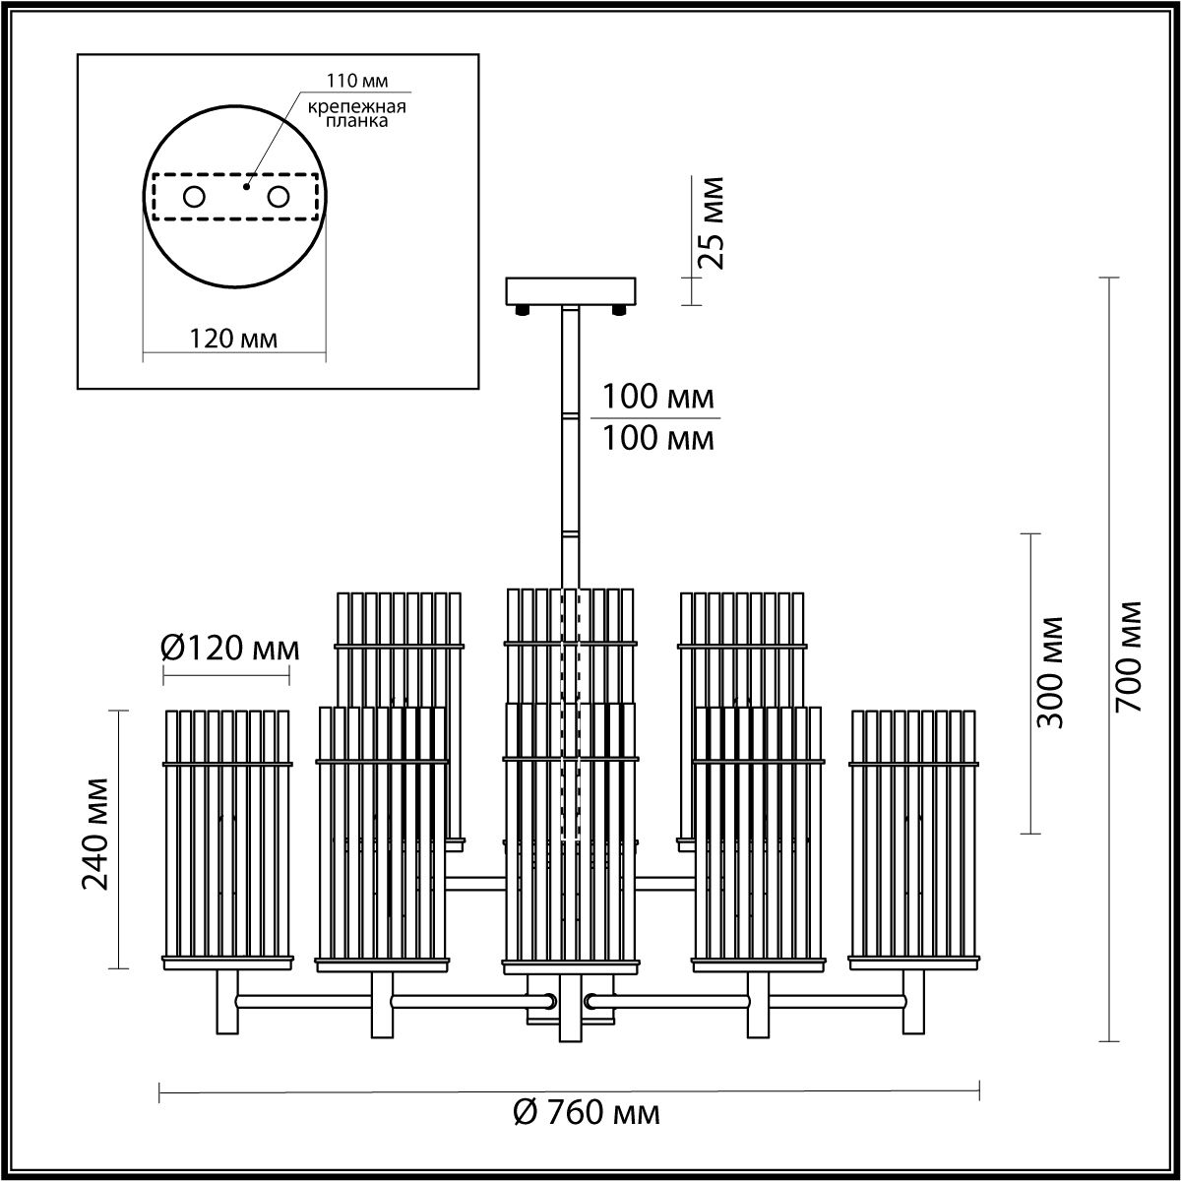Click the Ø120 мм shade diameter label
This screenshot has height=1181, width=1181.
point(228,649)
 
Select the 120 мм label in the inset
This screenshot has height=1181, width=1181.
point(233,339)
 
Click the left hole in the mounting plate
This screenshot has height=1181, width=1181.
point(194,197)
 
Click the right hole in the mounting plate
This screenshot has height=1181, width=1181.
point(278,197)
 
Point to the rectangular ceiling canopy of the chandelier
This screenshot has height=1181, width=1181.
point(572,291)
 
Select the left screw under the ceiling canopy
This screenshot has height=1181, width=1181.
point(523,311)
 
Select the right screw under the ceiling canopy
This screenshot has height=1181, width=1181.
point(620,311)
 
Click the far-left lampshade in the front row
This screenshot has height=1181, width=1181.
point(227,837)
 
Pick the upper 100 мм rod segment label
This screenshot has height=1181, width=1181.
point(657,399)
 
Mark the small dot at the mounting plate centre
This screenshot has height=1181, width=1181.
point(248,183)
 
